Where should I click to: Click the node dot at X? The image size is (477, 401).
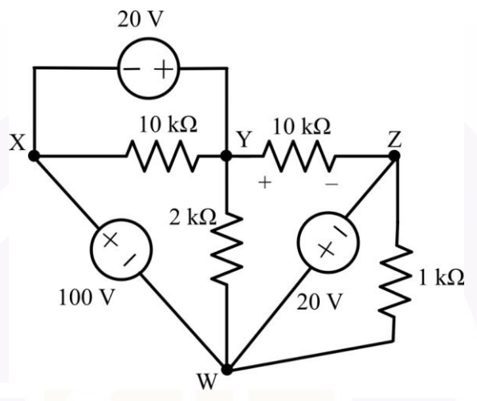(x=34, y=156)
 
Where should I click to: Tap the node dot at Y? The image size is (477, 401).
(x=226, y=156)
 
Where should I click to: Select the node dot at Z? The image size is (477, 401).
(x=394, y=156)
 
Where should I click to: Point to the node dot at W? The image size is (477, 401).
(x=226, y=370)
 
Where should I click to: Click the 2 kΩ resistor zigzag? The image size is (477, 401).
(x=226, y=249)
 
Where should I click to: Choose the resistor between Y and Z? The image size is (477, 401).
(x=299, y=156)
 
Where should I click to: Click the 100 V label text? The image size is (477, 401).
(x=87, y=298)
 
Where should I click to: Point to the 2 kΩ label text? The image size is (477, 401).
(x=193, y=217)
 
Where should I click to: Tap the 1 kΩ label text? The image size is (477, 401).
(x=442, y=277)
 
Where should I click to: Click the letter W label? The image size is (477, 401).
(x=207, y=382)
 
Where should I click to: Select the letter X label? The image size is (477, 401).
(x=18, y=143)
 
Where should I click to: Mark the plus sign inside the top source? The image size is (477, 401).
(x=164, y=69)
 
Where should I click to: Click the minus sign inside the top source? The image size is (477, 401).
(x=132, y=69)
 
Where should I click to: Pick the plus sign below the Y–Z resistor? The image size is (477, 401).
(x=265, y=183)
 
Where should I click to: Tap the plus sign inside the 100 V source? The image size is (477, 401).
(x=111, y=240)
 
